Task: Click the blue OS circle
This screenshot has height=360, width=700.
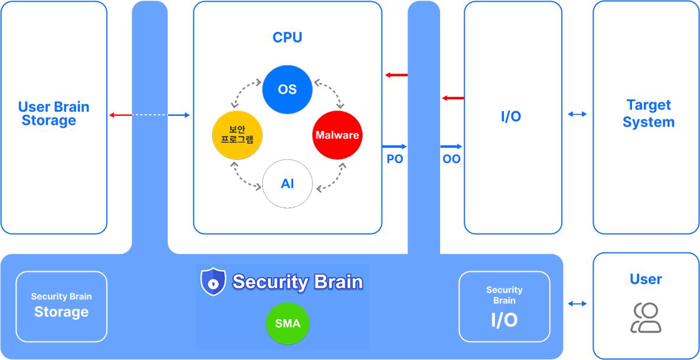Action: pos(287,89)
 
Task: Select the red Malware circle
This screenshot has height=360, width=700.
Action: pos(337,135)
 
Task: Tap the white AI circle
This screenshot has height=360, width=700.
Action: pos(287,183)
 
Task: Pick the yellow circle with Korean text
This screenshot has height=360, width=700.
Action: pos(237,135)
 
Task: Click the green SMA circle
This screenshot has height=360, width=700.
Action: pos(288,323)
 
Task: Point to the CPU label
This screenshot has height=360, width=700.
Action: pos(287,38)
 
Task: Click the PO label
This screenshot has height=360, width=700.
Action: pos(395,159)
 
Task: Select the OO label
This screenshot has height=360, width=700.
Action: pos(451,159)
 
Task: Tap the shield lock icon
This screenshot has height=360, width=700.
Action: pos(213,281)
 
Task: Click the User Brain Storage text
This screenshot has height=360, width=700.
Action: pos(53,113)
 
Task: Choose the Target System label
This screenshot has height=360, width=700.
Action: pos(649,113)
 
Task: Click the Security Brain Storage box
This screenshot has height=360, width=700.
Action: pos(61,306)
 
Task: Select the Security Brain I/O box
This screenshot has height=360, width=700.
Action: pos(504,306)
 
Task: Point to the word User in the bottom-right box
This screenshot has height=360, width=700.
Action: pos(646,279)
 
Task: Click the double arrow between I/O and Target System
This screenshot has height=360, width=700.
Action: pos(577,113)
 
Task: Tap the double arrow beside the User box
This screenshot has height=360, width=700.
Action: pos(577,303)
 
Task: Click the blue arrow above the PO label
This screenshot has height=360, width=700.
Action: pos(395,146)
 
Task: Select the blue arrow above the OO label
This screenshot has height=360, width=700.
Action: pos(451,146)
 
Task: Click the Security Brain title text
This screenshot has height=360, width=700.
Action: pos(297,281)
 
